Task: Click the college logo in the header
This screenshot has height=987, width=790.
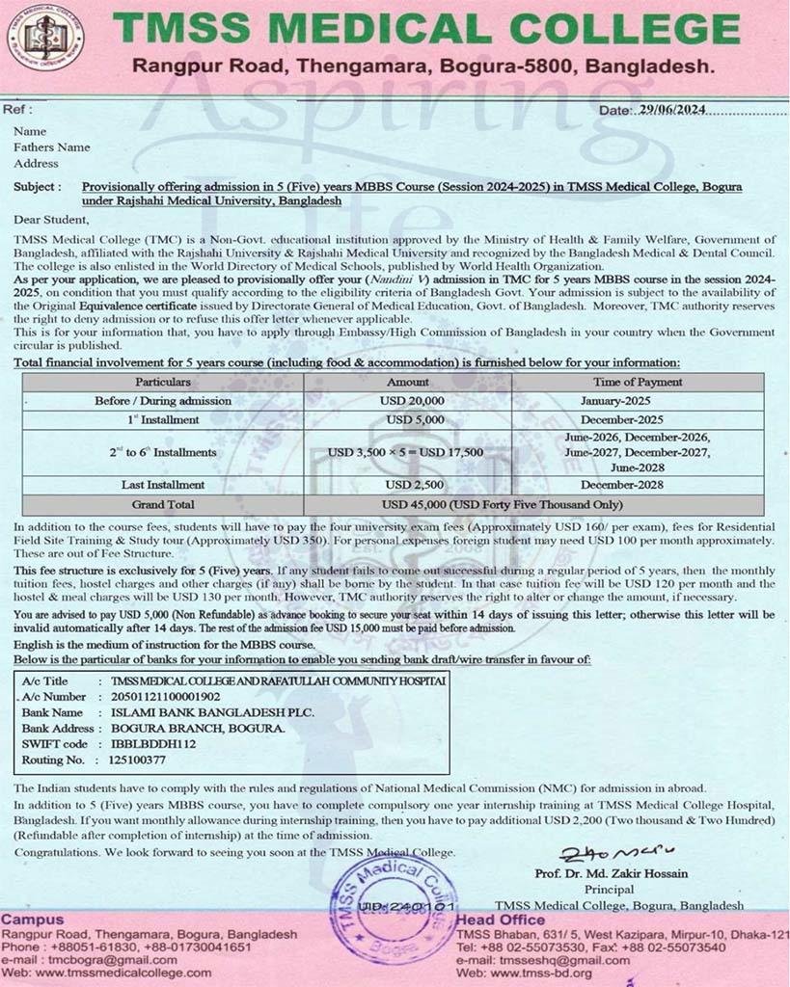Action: [x=45, y=40]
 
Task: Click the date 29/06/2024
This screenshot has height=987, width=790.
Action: [x=672, y=110]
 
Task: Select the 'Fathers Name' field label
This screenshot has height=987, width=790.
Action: [x=52, y=147]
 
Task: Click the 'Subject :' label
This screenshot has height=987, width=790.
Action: [x=38, y=187]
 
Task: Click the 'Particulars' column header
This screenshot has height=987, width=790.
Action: [x=162, y=382]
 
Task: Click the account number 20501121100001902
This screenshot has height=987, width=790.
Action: [x=165, y=696]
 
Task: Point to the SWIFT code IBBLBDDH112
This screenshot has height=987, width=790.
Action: [x=153, y=743]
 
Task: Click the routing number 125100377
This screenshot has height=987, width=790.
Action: [x=138, y=760]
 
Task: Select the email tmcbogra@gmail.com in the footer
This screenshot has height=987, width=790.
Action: [x=99, y=960]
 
